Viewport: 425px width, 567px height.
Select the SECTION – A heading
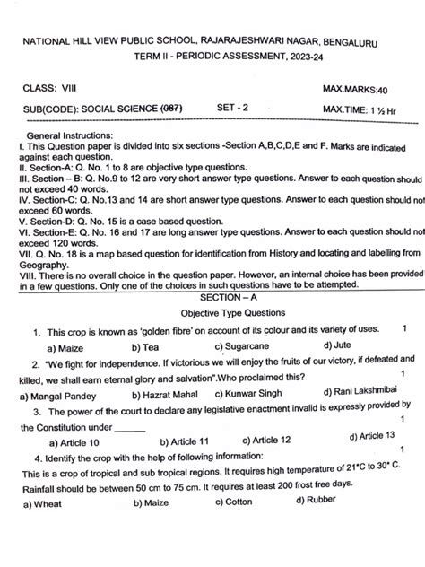[215, 297]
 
